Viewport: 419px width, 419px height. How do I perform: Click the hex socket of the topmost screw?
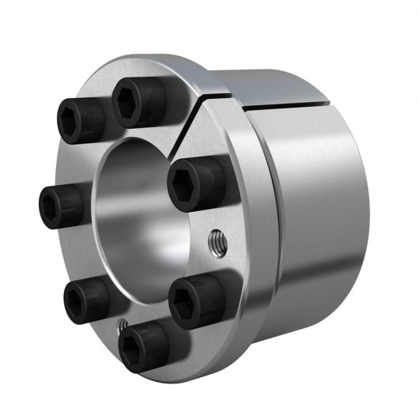coord(126,97)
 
